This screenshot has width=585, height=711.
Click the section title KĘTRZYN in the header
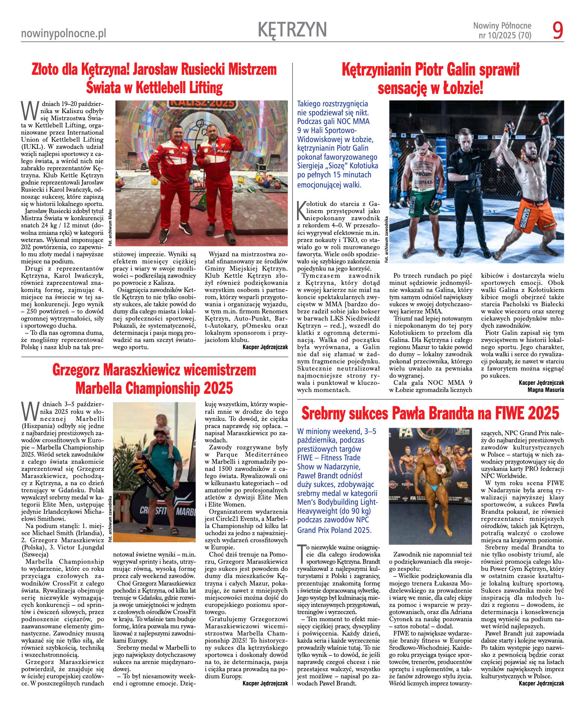(292, 29)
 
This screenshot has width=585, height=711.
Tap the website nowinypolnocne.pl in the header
(63, 34)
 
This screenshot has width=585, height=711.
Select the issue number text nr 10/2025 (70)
(505, 36)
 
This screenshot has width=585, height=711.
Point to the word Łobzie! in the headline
(463, 88)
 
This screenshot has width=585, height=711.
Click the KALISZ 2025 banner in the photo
(202, 104)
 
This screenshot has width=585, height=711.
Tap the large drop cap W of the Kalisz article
(29, 109)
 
